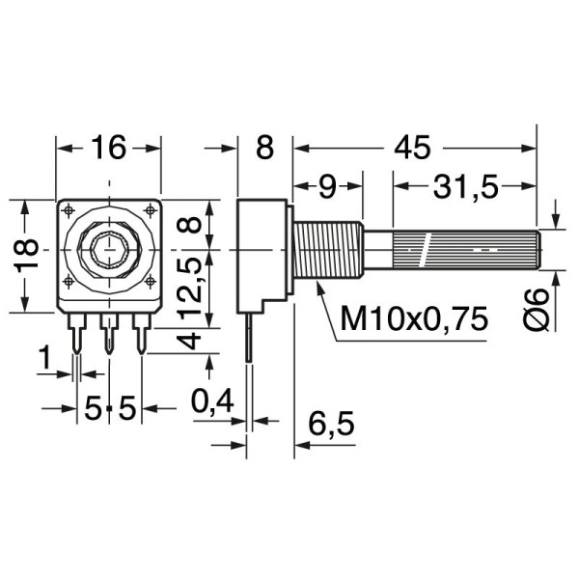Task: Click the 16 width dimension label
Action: tap(109, 148)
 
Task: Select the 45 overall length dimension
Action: tap(413, 148)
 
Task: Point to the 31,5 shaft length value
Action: tap(466, 187)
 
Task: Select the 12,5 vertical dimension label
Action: tap(191, 285)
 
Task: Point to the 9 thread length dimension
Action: tap(327, 187)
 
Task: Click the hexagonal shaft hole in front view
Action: tap(108, 250)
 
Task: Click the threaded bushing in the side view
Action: tap(326, 251)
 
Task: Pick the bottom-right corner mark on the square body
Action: tap(149, 282)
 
